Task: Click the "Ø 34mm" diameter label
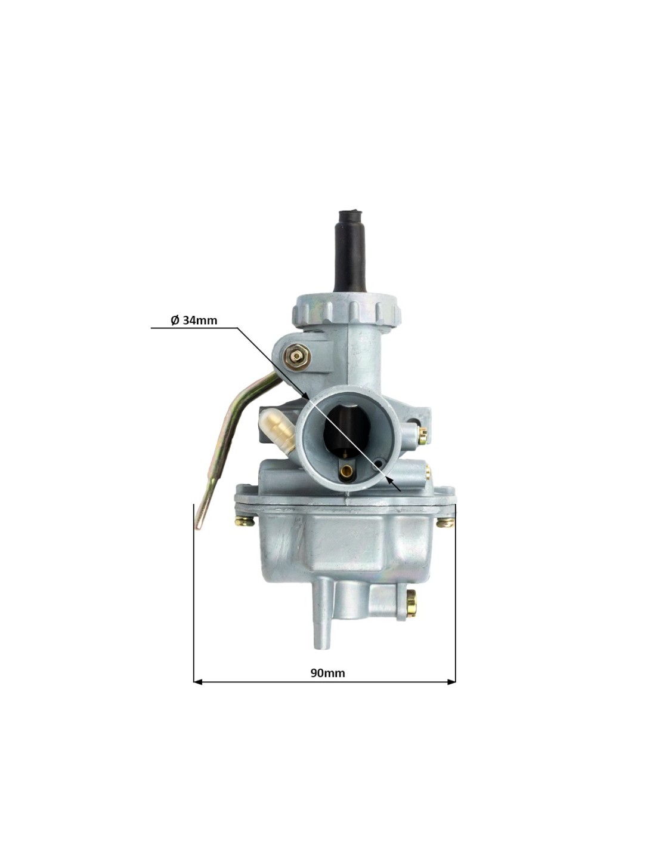[x=194, y=321]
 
